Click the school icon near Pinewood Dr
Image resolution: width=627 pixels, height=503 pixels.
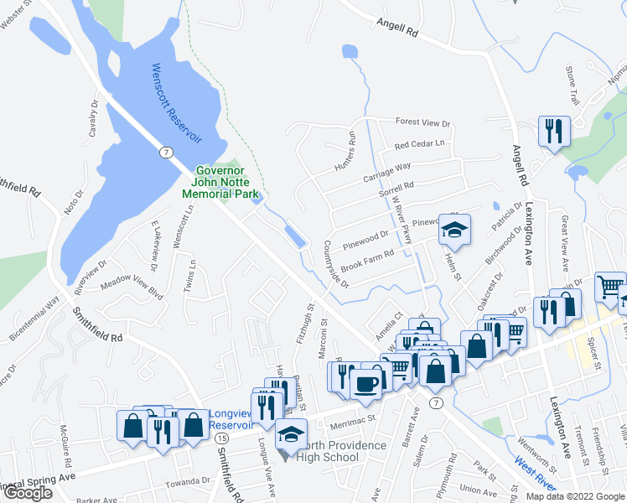[454, 229]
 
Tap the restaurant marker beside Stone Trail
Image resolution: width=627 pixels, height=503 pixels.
[554, 130]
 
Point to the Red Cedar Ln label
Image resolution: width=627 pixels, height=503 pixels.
[419, 144]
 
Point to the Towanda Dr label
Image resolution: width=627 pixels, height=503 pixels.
[188, 481]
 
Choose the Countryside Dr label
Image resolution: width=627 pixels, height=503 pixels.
[335, 266]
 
